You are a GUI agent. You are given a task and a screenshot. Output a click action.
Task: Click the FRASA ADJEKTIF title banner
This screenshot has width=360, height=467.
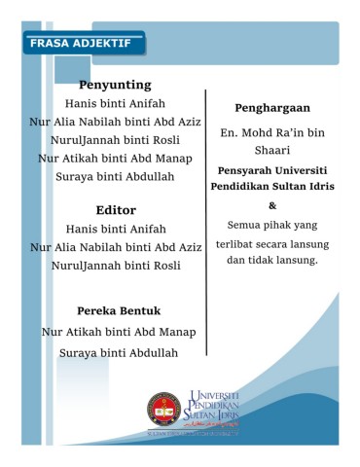[x=82, y=43]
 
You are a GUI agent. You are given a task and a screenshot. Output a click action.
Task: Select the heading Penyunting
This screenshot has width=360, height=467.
[x=115, y=85]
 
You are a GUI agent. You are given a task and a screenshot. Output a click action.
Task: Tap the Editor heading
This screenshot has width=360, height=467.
[x=115, y=209]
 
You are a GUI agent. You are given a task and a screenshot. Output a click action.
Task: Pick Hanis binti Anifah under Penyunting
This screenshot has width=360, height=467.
[x=116, y=102]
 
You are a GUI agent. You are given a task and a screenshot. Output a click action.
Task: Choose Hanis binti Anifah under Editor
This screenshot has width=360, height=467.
[x=116, y=228]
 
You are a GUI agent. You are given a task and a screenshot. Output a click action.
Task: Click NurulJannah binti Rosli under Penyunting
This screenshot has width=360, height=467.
[x=116, y=139]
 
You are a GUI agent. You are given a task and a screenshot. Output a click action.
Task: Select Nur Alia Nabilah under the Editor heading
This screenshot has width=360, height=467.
[x=116, y=246]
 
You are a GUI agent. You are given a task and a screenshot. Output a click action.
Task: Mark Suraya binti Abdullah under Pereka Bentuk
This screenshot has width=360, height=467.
[x=119, y=352]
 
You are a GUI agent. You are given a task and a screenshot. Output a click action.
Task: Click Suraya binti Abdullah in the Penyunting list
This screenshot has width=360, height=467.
[x=116, y=176]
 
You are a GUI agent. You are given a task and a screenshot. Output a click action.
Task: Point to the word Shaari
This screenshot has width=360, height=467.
[x=271, y=148]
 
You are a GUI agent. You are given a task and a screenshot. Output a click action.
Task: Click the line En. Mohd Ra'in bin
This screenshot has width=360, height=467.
[x=271, y=129]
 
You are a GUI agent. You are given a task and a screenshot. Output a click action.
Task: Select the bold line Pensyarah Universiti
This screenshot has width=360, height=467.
[x=271, y=167]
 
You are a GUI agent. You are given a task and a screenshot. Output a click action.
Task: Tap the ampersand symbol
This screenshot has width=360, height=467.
[x=271, y=205]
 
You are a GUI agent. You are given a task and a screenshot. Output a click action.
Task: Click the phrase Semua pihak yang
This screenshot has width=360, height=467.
[x=271, y=225]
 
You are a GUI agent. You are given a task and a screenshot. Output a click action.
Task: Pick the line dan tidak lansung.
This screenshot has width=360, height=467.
[x=271, y=261]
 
